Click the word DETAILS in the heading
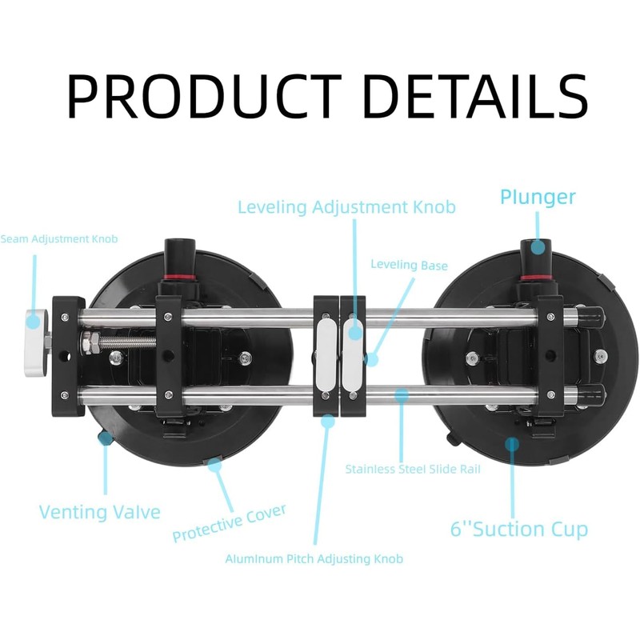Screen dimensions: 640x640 pos(471,97)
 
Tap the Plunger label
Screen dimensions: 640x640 pos(538,197)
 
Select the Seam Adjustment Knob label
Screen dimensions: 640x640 pos(59,239)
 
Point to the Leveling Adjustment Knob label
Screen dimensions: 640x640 pos(346,207)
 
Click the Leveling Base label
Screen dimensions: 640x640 pos(409,265)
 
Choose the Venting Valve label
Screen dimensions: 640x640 pos(100,512)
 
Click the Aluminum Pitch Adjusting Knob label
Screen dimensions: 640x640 pos(314,558)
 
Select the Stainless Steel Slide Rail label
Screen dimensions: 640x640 pos(413,469)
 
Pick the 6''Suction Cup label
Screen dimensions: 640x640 pos(518,529)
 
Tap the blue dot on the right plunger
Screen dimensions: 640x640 pos(538,247)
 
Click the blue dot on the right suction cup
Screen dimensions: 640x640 pos(513,442)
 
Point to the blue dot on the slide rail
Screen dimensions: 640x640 pos(400,394)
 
